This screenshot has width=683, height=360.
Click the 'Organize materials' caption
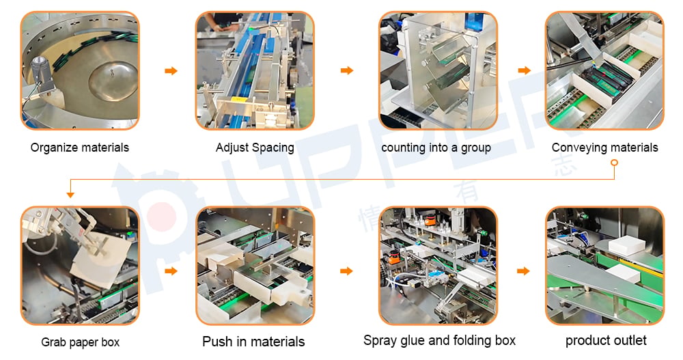80,148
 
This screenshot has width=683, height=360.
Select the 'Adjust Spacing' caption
255,148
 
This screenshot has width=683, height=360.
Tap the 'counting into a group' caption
436,148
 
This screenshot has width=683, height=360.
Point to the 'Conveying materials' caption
604,148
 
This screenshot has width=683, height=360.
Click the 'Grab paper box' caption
80,342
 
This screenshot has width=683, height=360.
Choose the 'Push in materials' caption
253,342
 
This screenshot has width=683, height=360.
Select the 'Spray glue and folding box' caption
439,340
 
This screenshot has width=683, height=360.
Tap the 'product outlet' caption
606,340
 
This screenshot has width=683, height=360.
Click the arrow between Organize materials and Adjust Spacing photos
171,70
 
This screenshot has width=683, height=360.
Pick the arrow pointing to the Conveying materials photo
525,70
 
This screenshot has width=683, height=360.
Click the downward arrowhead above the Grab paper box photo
70,195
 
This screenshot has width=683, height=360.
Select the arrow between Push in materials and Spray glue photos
346,271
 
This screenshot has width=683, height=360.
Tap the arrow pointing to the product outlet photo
523,271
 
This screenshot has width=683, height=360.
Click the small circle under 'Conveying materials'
614,163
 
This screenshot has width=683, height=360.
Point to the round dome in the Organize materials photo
113,81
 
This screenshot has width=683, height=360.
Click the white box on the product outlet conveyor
626,245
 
